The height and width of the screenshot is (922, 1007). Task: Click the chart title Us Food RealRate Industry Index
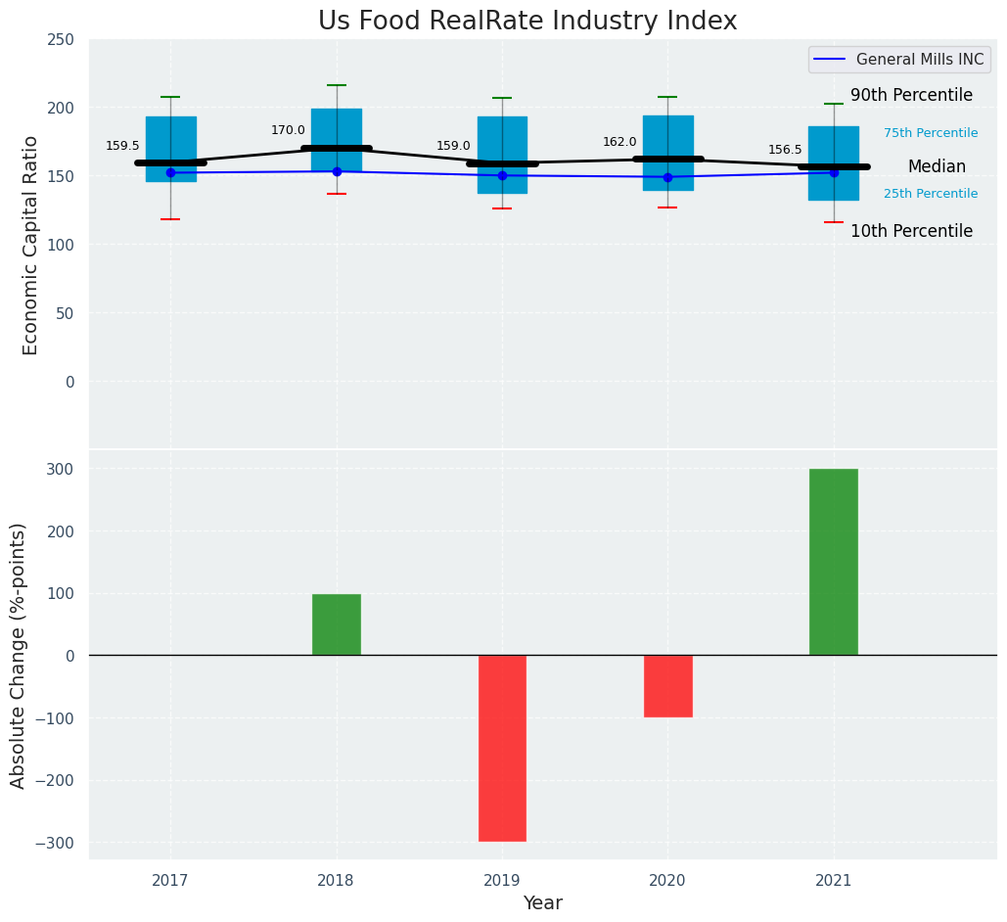[x=527, y=22]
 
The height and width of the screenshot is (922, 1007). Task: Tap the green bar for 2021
[x=833, y=562]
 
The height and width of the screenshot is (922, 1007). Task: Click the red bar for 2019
[x=502, y=748]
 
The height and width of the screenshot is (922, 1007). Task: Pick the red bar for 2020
[x=667, y=686]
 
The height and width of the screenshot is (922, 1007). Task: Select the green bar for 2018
[x=337, y=624]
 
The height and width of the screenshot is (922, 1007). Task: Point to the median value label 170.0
[x=288, y=130]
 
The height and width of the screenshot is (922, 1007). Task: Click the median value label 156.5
[x=785, y=150]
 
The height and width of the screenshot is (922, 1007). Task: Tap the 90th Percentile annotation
[x=911, y=96]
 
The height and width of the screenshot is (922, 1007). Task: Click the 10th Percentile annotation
[x=911, y=232]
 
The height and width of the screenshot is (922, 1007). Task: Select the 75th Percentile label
[x=931, y=133]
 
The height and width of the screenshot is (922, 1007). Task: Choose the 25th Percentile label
[x=931, y=194]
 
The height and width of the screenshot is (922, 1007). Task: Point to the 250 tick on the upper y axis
[x=61, y=40]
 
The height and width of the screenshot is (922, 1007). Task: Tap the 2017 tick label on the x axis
[x=170, y=882]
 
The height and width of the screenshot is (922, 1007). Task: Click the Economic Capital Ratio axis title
[x=30, y=245]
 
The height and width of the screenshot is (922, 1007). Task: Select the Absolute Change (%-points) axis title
[x=19, y=655]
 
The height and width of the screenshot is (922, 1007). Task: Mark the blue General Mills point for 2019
[x=502, y=176]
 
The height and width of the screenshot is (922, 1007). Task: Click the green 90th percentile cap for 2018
[x=337, y=86]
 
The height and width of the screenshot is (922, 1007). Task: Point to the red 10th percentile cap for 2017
[x=170, y=219]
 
